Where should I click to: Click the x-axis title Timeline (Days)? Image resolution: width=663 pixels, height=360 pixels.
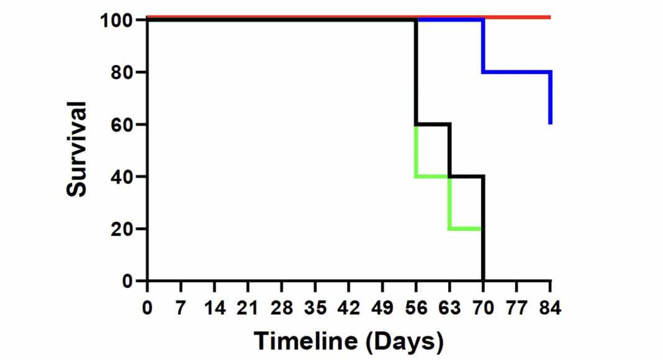(x=349, y=341)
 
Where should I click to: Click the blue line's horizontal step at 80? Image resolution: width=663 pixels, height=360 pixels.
(x=516, y=72)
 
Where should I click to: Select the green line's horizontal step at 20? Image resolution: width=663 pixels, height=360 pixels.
(x=464, y=229)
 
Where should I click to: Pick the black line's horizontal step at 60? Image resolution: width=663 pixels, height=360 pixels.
(x=433, y=124)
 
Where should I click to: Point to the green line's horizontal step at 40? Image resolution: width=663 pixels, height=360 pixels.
(x=431, y=177)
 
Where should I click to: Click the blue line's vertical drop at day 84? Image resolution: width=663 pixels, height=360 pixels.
(x=550, y=97)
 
